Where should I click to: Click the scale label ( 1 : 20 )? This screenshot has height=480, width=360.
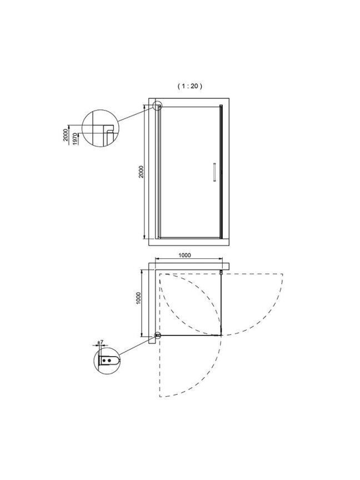tap(190, 86)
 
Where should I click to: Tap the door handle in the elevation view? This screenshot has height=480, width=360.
tap(214, 172)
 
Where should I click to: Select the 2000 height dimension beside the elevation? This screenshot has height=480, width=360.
tap(141, 172)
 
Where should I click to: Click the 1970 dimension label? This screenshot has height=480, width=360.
tap(75, 139)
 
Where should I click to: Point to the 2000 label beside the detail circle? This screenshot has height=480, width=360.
tap(66, 134)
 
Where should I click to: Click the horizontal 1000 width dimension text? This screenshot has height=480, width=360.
tap(184, 255)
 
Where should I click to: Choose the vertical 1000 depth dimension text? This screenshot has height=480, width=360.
tap(138, 298)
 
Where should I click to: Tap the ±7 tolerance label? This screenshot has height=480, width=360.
tap(100, 342)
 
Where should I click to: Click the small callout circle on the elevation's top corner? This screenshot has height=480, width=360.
tap(158, 106)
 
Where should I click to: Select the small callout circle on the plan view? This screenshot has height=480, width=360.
tap(158, 336)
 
